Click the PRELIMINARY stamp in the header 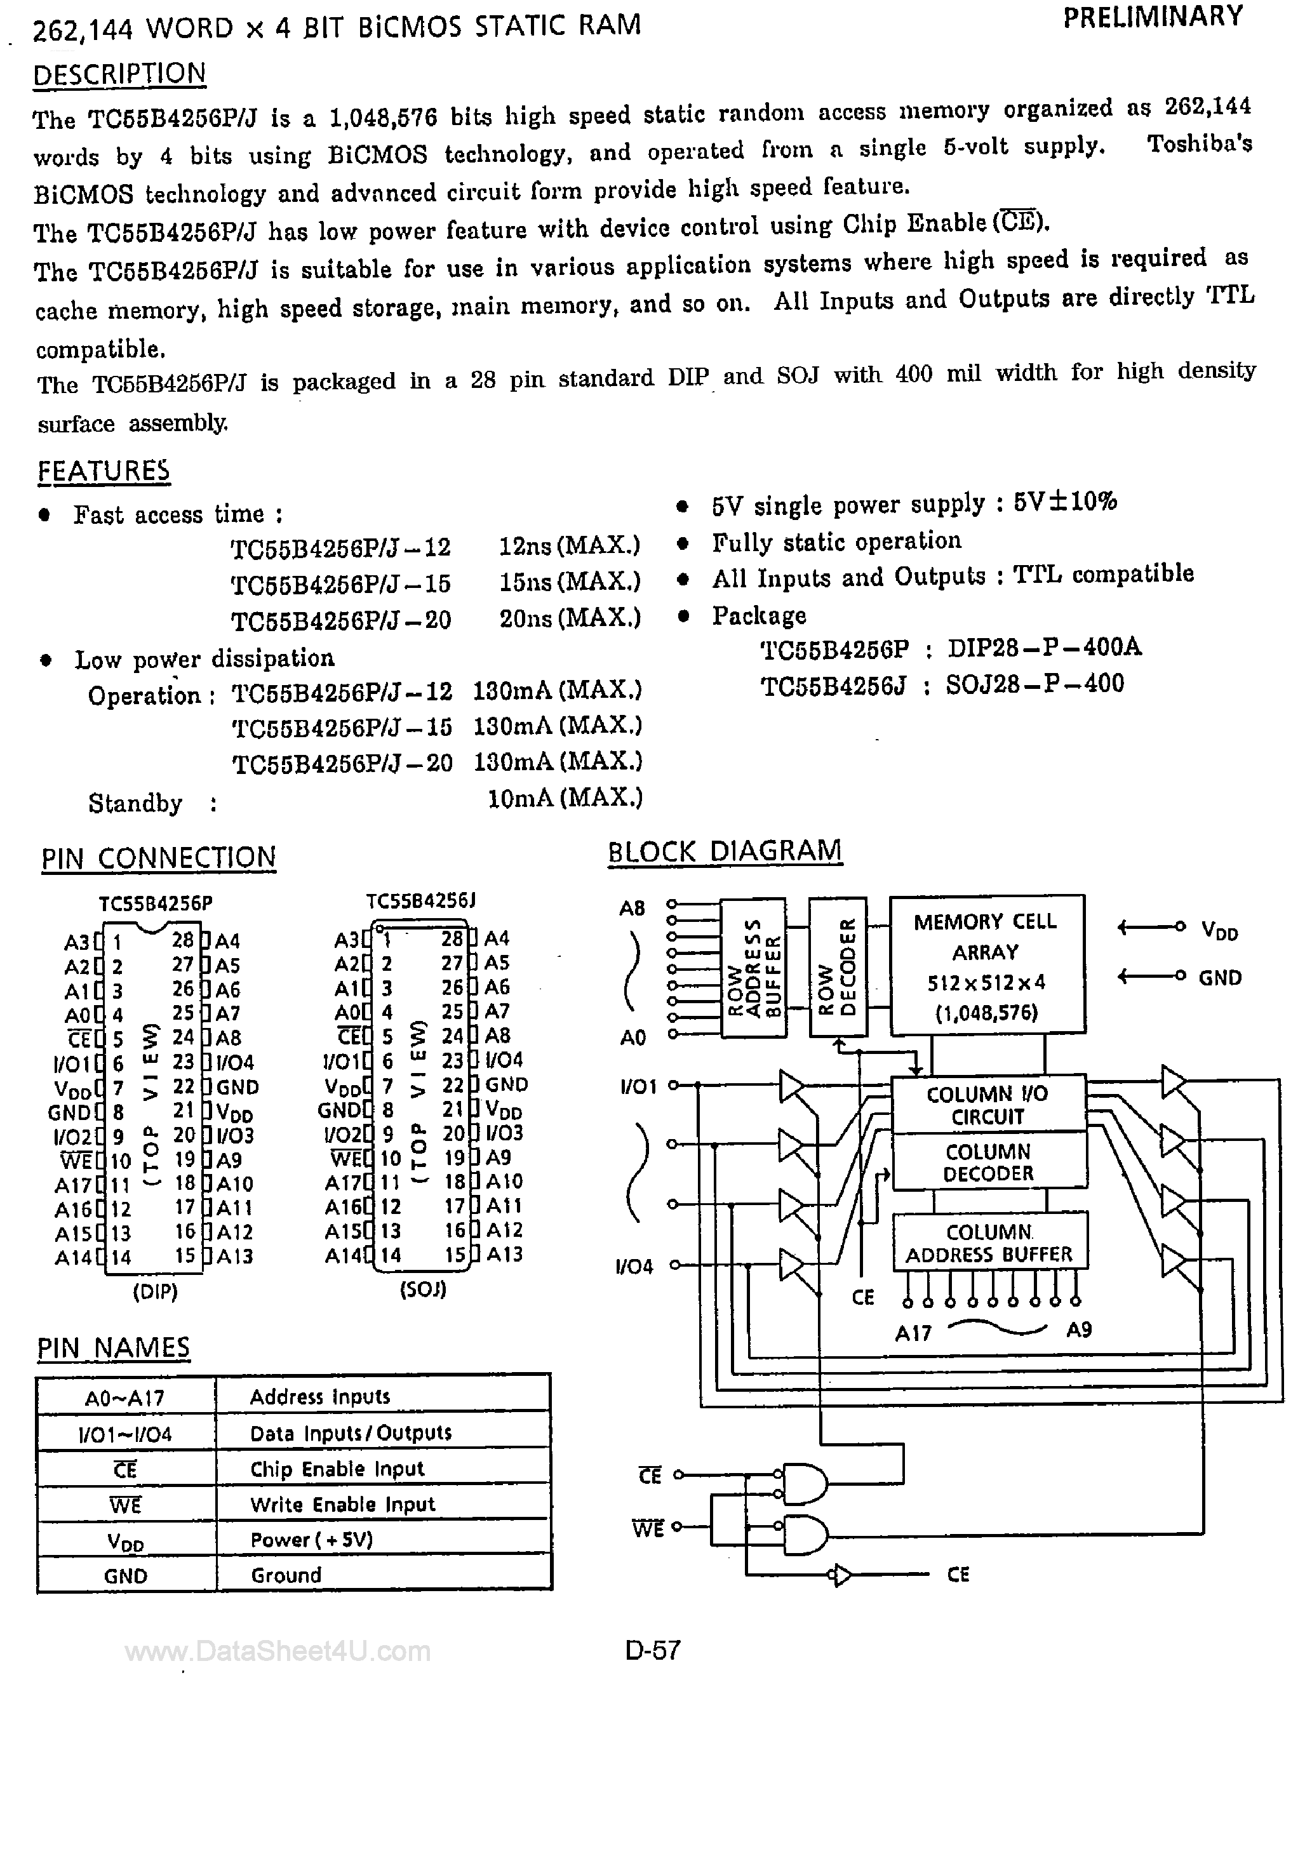coord(1153,18)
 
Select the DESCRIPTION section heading coord(119,74)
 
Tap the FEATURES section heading coord(104,470)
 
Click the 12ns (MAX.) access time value coord(570,547)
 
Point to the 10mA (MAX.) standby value coord(565,799)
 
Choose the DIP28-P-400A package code coord(1045,648)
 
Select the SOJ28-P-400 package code coord(1035,684)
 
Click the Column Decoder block coord(988,1162)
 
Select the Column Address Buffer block coord(989,1243)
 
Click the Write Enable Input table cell coord(342,1504)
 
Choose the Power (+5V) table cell coord(312,1540)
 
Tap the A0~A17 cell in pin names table coord(124,1397)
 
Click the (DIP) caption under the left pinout coord(155,1292)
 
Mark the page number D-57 coord(653,1649)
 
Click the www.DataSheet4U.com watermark coord(277,1651)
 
